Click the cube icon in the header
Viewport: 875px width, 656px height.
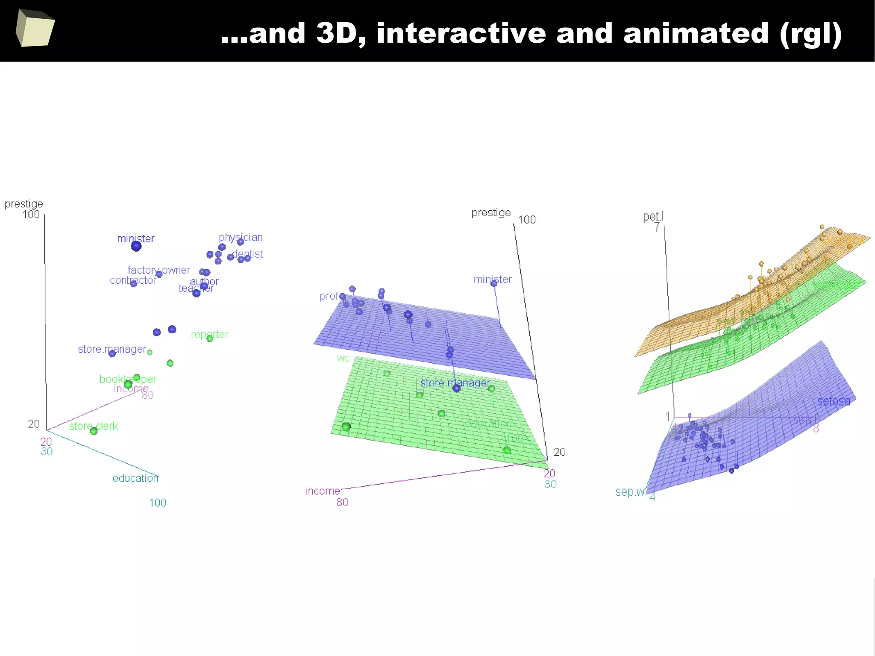click(x=35, y=28)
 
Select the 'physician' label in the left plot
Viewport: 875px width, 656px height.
click(x=241, y=237)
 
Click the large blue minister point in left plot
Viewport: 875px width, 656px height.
click(x=136, y=246)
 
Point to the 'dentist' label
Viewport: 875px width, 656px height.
click(x=248, y=254)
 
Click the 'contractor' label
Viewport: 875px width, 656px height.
click(x=133, y=280)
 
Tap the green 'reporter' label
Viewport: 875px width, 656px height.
click(x=209, y=334)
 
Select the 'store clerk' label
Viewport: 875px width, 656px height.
click(x=94, y=426)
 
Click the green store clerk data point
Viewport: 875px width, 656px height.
click(x=94, y=431)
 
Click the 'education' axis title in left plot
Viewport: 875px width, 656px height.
click(x=135, y=478)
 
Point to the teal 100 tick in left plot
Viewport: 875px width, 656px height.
click(x=158, y=503)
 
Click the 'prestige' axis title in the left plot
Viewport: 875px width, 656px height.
click(x=24, y=204)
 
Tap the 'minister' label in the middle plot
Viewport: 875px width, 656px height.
click(x=493, y=279)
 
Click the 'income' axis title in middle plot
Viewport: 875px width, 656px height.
click(x=323, y=491)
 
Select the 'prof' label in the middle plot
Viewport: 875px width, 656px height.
click(x=329, y=296)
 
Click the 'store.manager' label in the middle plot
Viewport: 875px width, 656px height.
click(x=455, y=383)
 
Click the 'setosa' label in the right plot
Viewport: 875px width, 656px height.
click(x=834, y=401)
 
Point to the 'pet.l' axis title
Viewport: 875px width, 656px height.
click(x=653, y=217)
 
